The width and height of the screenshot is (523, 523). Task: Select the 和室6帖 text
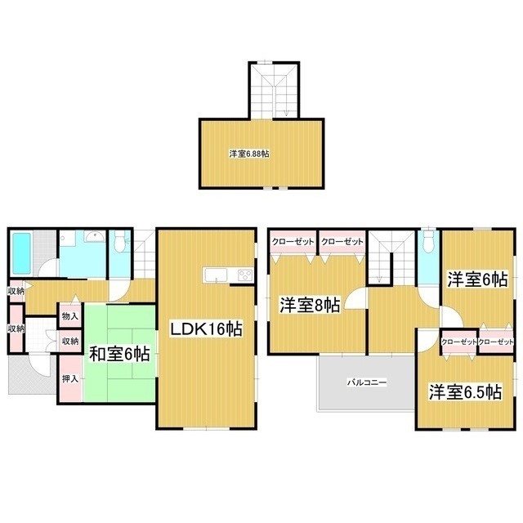pos(118,354)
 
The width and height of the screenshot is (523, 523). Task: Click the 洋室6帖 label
pos(477,279)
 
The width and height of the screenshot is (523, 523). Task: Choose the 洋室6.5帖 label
pos(466,392)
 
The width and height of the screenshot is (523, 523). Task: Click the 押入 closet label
pos(70,379)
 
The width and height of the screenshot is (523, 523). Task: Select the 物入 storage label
pos(70,315)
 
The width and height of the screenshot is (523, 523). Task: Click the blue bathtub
pos(21,253)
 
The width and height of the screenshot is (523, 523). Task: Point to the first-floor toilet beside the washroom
pos(120,243)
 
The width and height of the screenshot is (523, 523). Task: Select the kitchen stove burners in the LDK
pos(244,274)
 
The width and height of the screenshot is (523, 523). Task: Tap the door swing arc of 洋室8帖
pos(355,300)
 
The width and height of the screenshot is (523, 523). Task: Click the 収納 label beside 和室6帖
pos(70,341)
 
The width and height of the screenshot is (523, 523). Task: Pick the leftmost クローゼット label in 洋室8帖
pos(292,242)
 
